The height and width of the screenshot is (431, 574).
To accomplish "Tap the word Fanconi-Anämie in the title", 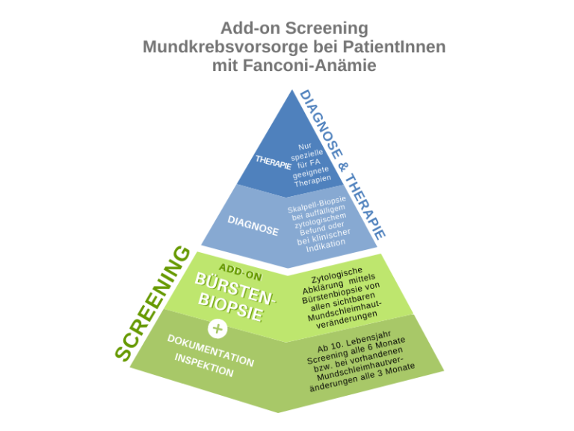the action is [x=309, y=66].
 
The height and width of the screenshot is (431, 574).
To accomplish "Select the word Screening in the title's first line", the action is [x=327, y=28].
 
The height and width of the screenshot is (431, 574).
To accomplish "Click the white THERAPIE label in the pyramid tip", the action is [x=273, y=162].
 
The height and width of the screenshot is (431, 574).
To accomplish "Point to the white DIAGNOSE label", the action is [x=253, y=225].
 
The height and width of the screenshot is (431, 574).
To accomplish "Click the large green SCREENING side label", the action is [x=152, y=303].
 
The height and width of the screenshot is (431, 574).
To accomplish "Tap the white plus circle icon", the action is [x=217, y=328].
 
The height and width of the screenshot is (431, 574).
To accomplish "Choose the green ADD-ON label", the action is [x=241, y=272].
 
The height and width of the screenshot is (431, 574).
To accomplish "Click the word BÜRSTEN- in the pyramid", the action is [x=235, y=289].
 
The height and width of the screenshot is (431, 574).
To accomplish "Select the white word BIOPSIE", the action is [x=231, y=307].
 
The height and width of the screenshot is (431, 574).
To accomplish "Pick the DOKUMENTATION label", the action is [x=211, y=351].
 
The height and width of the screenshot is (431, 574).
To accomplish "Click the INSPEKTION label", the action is [x=204, y=365].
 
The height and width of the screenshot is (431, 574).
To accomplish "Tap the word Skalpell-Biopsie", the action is [x=317, y=204].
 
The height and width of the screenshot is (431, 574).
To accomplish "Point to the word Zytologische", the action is [x=337, y=275].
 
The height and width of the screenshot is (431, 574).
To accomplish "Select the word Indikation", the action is [x=326, y=245].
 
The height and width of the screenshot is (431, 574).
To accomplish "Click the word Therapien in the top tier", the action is [x=312, y=180].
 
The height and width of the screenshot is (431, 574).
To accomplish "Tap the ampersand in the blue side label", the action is [x=343, y=167].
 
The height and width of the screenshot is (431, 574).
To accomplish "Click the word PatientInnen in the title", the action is [x=395, y=47].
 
